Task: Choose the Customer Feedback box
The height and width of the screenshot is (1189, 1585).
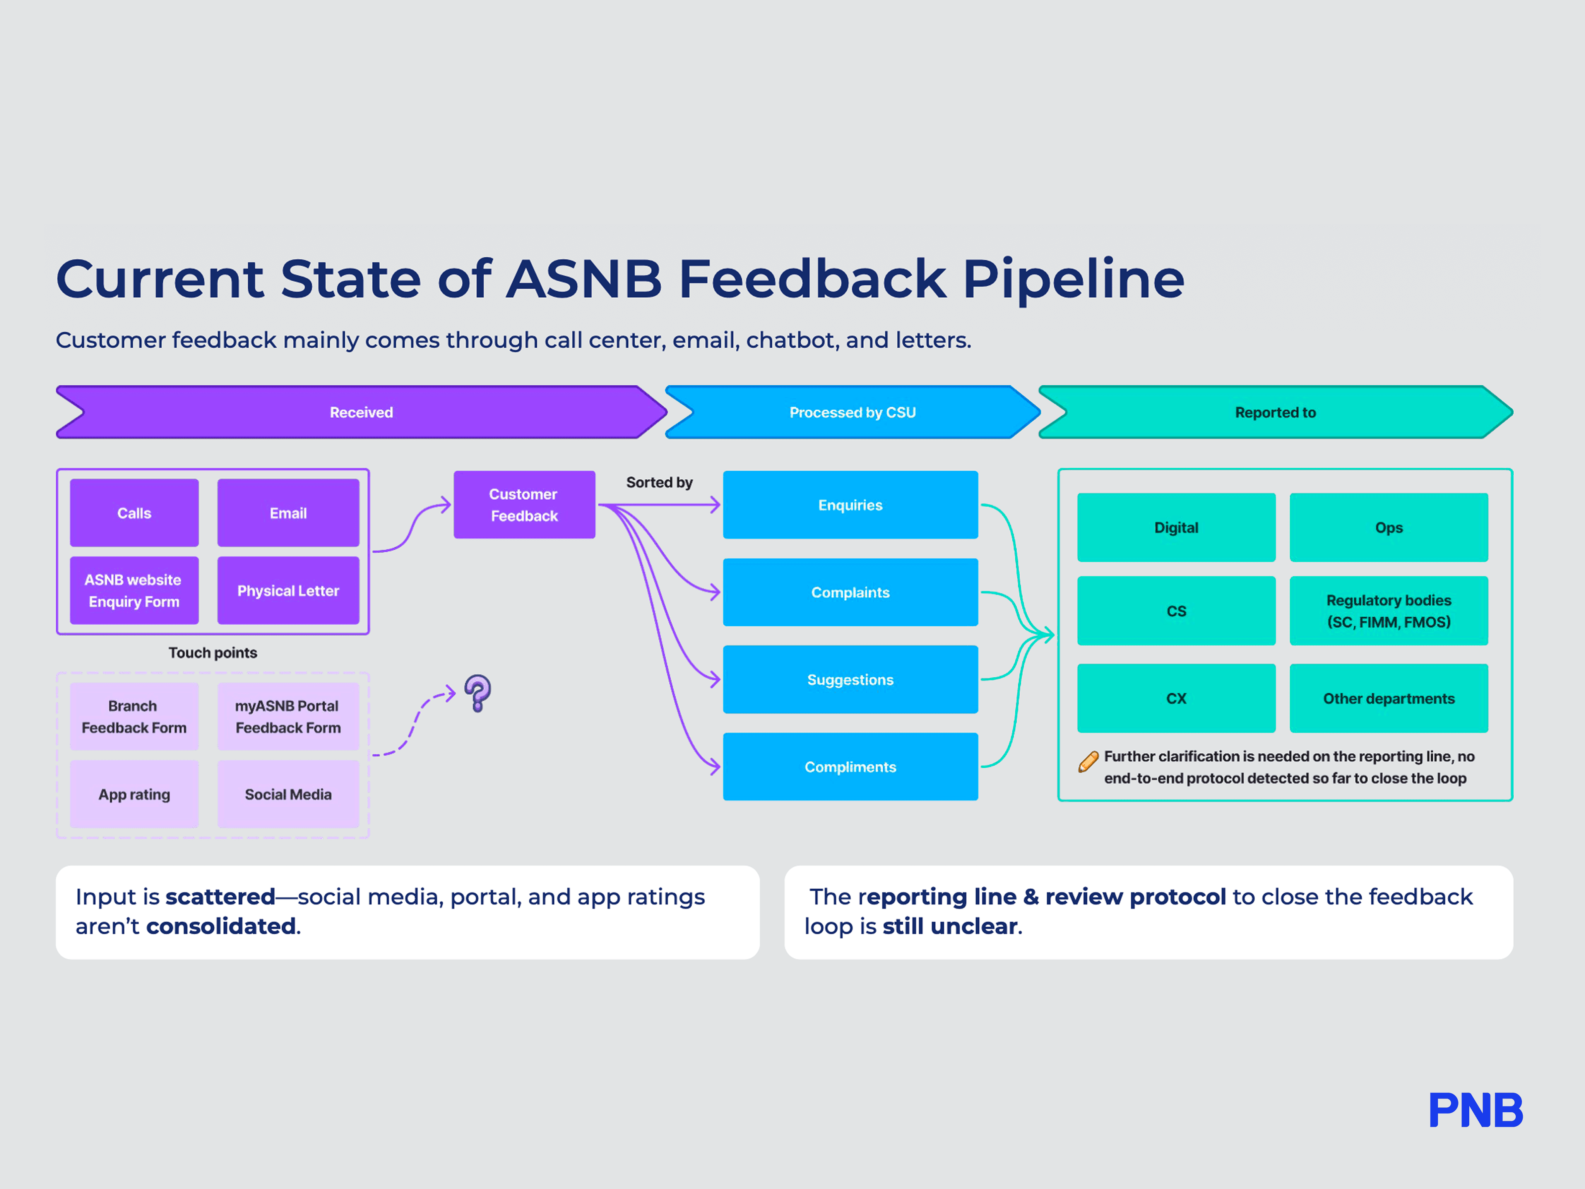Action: tap(524, 505)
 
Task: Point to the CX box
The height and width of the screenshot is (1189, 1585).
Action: tap(1176, 698)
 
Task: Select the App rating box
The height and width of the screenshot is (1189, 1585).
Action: tap(134, 794)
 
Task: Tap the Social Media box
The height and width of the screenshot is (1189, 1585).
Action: tap(288, 794)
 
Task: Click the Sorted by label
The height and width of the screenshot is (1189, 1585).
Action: tap(659, 482)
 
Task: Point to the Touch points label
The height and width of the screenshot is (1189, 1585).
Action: tap(213, 652)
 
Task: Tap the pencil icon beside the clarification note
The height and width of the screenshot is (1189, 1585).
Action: tap(1088, 761)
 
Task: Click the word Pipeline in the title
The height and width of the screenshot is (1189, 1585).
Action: tap(1073, 279)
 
